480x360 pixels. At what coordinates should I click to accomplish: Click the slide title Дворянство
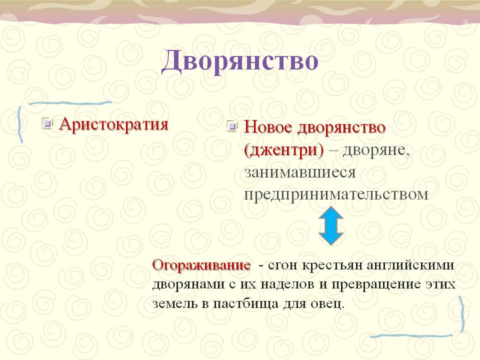(239, 60)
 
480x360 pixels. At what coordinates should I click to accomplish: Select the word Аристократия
(114, 124)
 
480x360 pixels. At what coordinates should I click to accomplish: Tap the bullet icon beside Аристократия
(47, 123)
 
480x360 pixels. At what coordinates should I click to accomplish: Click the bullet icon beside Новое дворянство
(232, 126)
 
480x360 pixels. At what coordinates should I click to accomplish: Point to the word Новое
(268, 127)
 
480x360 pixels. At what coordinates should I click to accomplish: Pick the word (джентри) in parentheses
(284, 150)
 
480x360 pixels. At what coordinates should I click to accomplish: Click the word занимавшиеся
(300, 172)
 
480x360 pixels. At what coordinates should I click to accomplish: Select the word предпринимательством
(336, 194)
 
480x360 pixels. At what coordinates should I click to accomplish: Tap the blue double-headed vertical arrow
(331, 225)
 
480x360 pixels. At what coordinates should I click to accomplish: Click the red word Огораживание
(201, 265)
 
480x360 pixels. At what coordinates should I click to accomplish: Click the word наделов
(287, 284)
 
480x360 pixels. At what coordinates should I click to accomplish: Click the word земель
(175, 304)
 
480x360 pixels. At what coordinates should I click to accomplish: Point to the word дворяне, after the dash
(376, 150)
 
